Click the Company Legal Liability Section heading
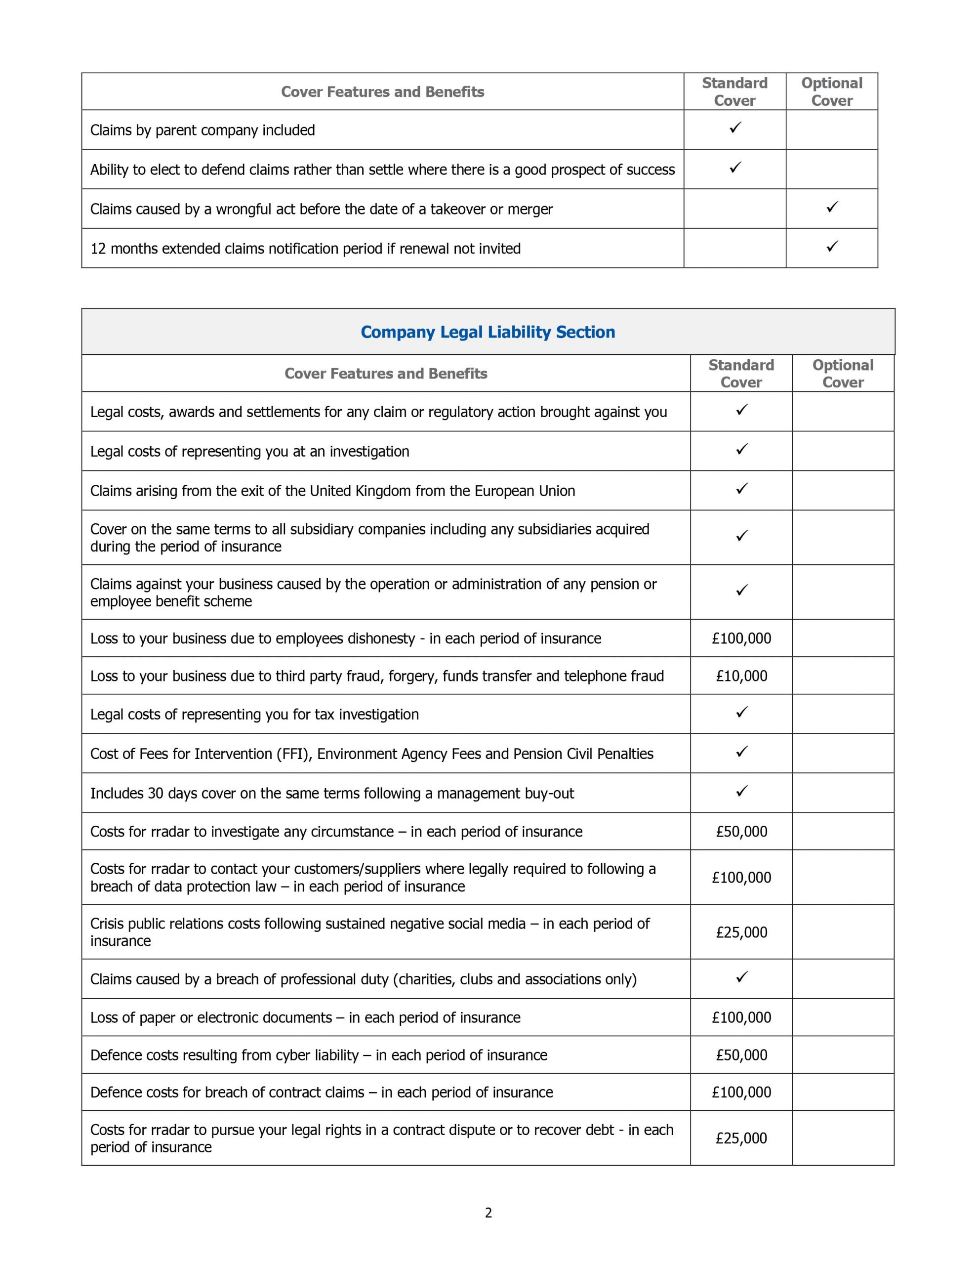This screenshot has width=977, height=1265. click(488, 332)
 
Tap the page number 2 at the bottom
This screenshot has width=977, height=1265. click(488, 1212)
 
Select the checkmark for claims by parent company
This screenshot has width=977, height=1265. click(735, 128)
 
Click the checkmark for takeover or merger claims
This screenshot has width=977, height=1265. click(832, 207)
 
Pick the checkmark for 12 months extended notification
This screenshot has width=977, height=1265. click(832, 246)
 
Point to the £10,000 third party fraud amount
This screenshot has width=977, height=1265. click(741, 676)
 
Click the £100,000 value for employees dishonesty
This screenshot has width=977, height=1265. click(741, 638)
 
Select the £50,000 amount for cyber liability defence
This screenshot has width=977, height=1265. click(741, 1055)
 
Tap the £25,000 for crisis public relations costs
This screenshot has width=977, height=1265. click(741, 932)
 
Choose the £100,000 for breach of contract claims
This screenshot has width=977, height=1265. click(741, 1092)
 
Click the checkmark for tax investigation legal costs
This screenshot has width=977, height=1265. click(742, 712)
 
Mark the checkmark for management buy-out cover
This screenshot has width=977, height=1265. click(742, 791)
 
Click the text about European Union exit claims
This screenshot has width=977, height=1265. click(332, 491)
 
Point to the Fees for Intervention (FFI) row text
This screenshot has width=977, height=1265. click(371, 754)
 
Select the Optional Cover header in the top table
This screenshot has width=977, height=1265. click(832, 91)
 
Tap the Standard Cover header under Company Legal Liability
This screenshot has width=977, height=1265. click(741, 374)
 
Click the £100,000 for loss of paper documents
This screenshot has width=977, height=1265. click(741, 1017)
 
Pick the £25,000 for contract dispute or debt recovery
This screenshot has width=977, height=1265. click(741, 1138)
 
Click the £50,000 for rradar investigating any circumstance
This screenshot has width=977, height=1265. click(741, 831)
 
